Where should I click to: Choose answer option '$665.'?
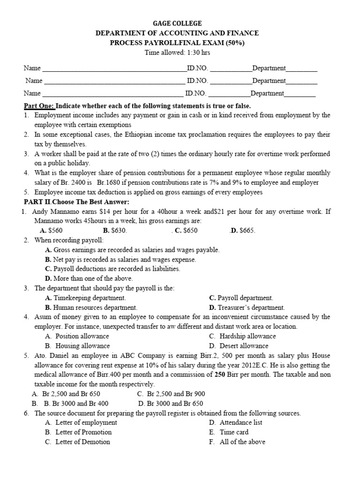[247, 231]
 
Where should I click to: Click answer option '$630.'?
[118, 231]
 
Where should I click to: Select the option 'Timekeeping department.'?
[89, 298]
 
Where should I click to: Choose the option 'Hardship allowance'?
[247, 336]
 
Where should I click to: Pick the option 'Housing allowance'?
[82, 346]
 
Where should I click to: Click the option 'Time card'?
[234, 432]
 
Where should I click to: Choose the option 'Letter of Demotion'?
[82, 442]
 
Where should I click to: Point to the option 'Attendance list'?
[241, 422]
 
